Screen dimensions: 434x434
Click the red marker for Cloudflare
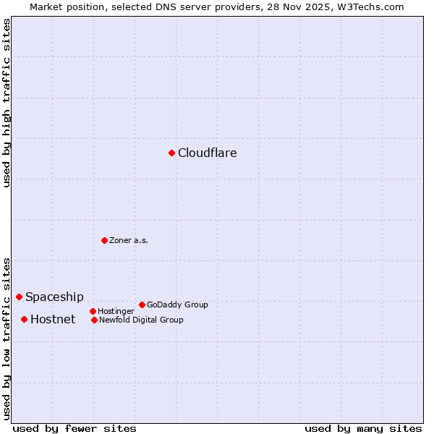coord(171,153)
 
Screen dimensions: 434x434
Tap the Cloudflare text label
coord(208,153)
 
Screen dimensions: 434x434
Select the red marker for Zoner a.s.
coord(104,240)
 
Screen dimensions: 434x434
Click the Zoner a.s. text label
coord(129,240)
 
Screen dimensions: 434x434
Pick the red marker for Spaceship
coord(19,297)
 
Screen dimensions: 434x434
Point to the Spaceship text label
coord(54,297)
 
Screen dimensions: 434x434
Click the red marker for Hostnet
coord(24,319)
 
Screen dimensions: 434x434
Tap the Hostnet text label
coord(53,320)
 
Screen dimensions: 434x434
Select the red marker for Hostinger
coord(93,311)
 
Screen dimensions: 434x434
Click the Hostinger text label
coord(116,312)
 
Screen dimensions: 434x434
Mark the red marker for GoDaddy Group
coord(142,305)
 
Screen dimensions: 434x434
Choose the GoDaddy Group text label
coord(177,305)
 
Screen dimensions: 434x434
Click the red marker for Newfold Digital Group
coord(94,320)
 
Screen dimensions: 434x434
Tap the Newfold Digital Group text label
coord(141,320)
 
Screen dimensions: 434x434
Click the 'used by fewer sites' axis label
coord(75,428)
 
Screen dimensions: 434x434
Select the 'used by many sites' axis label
coord(363,428)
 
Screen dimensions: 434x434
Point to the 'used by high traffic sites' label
coord(7,103)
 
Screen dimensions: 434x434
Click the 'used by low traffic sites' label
coord(7,338)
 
